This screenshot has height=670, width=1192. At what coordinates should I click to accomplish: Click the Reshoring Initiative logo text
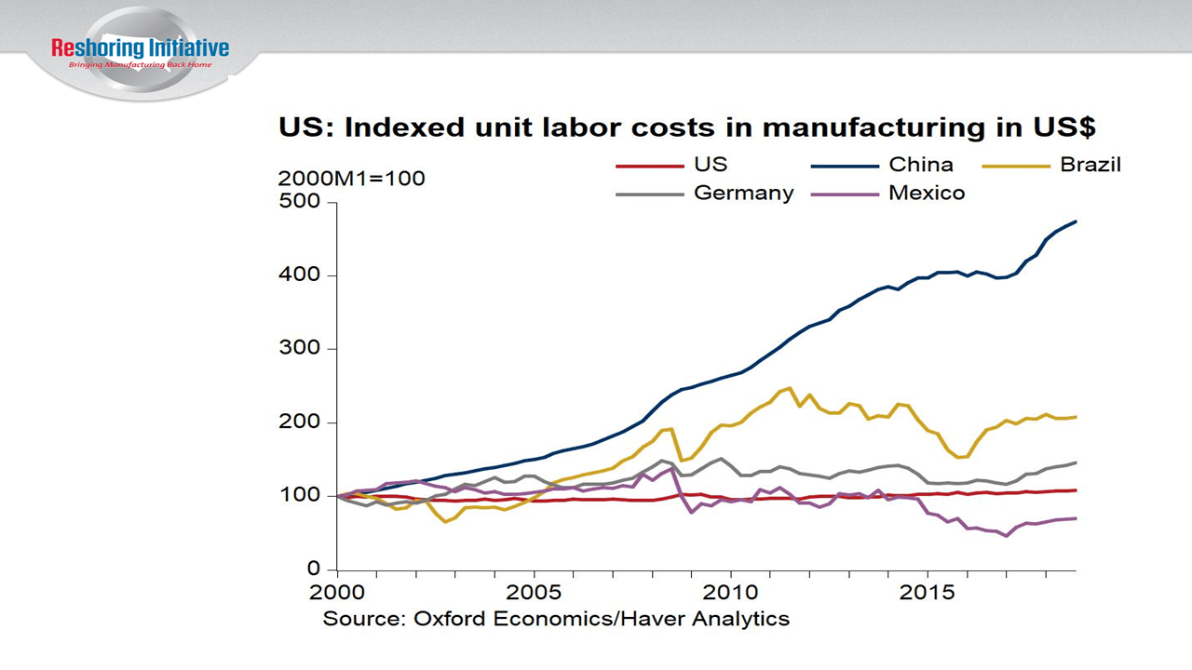140,48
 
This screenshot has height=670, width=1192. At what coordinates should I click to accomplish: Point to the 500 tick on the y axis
299,202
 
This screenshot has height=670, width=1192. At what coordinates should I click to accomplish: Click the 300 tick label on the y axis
299,349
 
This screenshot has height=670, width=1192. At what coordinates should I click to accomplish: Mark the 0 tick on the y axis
313,569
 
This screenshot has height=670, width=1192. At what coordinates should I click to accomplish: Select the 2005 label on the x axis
534,592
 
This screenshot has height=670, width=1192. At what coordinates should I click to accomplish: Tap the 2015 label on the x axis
927,592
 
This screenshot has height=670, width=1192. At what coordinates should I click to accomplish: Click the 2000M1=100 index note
352,179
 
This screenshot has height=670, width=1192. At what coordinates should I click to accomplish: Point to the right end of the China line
1076,221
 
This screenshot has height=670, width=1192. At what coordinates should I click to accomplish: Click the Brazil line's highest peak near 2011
790,388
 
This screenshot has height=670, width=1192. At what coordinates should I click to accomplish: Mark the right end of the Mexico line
1076,518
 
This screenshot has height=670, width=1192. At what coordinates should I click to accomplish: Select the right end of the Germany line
1076,462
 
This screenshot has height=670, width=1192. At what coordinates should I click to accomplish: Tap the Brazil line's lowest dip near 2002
445,521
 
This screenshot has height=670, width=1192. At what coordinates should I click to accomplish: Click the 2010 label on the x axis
730,592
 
